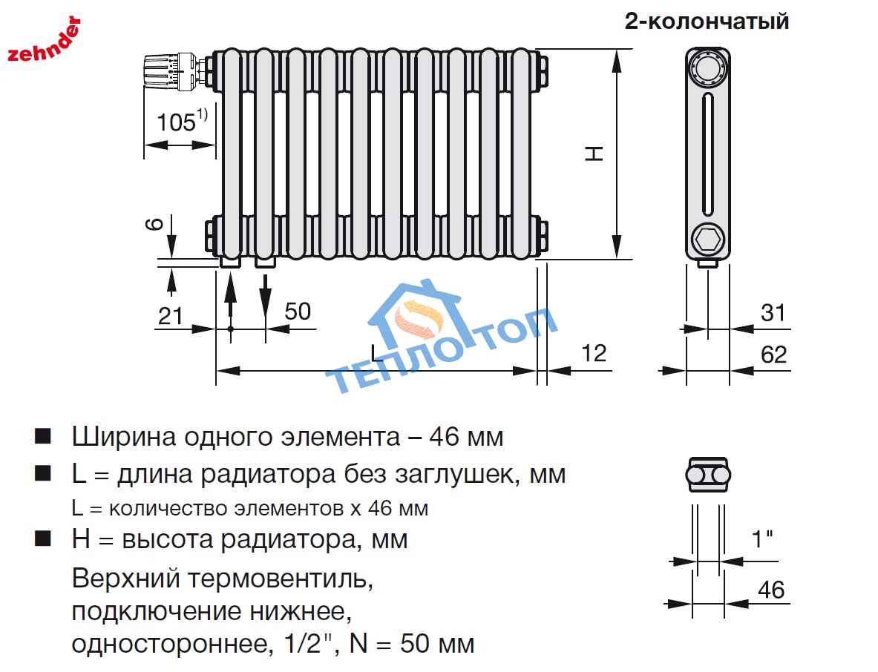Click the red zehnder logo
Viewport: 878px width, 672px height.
tap(44, 40)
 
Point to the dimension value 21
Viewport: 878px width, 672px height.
tap(170, 315)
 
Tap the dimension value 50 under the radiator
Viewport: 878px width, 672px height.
tap(298, 311)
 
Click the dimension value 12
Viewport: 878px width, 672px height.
tap(594, 353)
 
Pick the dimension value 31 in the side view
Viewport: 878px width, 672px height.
tap(773, 313)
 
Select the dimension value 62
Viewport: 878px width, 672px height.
tap(773, 355)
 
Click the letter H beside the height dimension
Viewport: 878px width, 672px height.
tap(594, 154)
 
